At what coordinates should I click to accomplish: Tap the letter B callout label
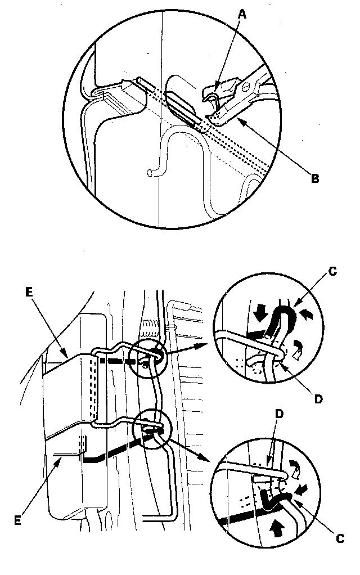pos(316,179)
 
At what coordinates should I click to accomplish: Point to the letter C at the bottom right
pos(339,539)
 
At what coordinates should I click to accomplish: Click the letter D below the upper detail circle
pos(318,399)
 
